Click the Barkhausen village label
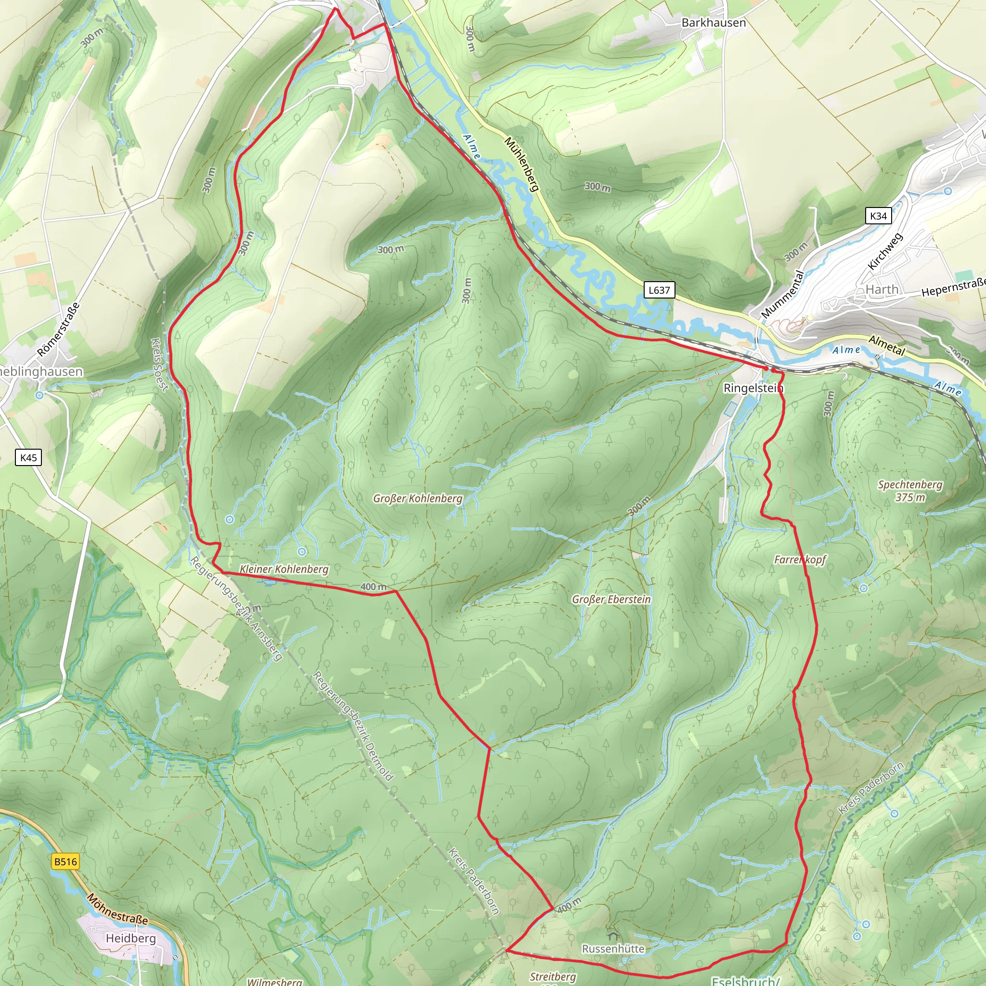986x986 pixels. [x=714, y=23]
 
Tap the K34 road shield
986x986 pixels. [x=878, y=216]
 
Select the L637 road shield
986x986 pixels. [x=659, y=290]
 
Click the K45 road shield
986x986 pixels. [x=28, y=457]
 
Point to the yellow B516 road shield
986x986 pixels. [x=65, y=861]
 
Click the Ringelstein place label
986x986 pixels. [x=753, y=388]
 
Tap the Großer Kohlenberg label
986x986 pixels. [x=417, y=498]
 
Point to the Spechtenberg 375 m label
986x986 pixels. [x=910, y=491]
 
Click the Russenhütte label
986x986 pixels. [x=613, y=948]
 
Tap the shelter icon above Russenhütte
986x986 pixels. [x=613, y=936]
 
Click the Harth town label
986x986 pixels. [x=882, y=289]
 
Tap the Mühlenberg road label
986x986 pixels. [x=521, y=164]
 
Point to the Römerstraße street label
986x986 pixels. [x=59, y=329]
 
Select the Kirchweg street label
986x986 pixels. [x=885, y=251]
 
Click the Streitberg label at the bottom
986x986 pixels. [x=553, y=976]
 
